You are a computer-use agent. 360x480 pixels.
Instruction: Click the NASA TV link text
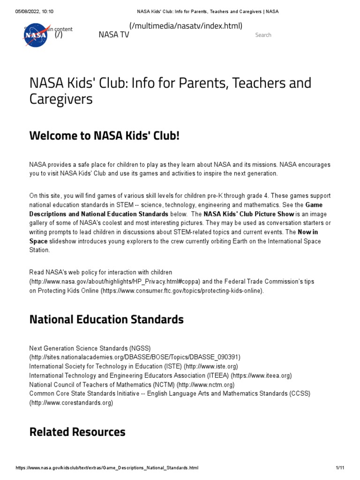tap(113, 35)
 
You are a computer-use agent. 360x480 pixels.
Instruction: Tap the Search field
tap(263, 35)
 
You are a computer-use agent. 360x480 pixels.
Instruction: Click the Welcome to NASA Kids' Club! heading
tap(104, 136)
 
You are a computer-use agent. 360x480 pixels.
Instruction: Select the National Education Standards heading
tap(106, 320)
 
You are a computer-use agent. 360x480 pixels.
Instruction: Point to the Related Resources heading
tap(77, 432)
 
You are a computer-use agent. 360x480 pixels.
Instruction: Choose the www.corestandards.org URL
tap(71, 403)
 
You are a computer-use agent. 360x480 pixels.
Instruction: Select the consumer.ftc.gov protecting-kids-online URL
tap(182, 291)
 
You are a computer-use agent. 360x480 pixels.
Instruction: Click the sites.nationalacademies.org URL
tap(135, 357)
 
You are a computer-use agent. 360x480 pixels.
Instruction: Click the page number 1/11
tap(340, 468)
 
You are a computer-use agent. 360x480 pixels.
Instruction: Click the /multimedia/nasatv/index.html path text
tap(186, 26)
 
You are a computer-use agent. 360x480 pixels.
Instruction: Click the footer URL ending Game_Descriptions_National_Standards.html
tap(107, 468)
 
